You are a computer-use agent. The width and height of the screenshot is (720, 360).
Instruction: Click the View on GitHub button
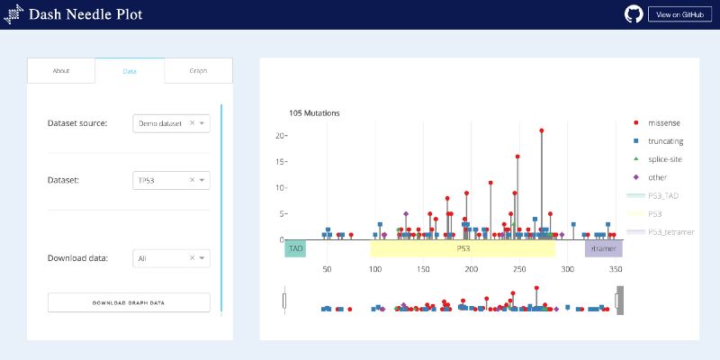[679, 14]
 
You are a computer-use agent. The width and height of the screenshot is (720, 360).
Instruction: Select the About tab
[61, 70]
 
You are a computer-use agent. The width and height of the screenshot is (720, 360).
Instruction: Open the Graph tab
[198, 70]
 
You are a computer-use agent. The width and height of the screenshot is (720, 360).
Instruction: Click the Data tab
[130, 70]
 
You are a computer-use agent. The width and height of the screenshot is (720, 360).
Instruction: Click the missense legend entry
[663, 121]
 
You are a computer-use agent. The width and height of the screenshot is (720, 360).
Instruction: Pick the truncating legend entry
[665, 140]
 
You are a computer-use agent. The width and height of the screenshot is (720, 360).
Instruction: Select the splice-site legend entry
[665, 158]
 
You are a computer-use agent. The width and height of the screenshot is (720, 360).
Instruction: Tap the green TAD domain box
[295, 247]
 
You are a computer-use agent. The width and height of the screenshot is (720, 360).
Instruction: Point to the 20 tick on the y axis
[280, 135]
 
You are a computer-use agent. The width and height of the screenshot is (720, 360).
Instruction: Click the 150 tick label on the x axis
[423, 269]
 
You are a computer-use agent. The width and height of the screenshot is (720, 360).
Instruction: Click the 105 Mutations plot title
[314, 113]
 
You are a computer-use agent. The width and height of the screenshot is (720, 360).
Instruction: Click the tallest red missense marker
[542, 130]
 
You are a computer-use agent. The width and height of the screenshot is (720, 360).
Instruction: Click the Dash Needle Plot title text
[85, 14]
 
